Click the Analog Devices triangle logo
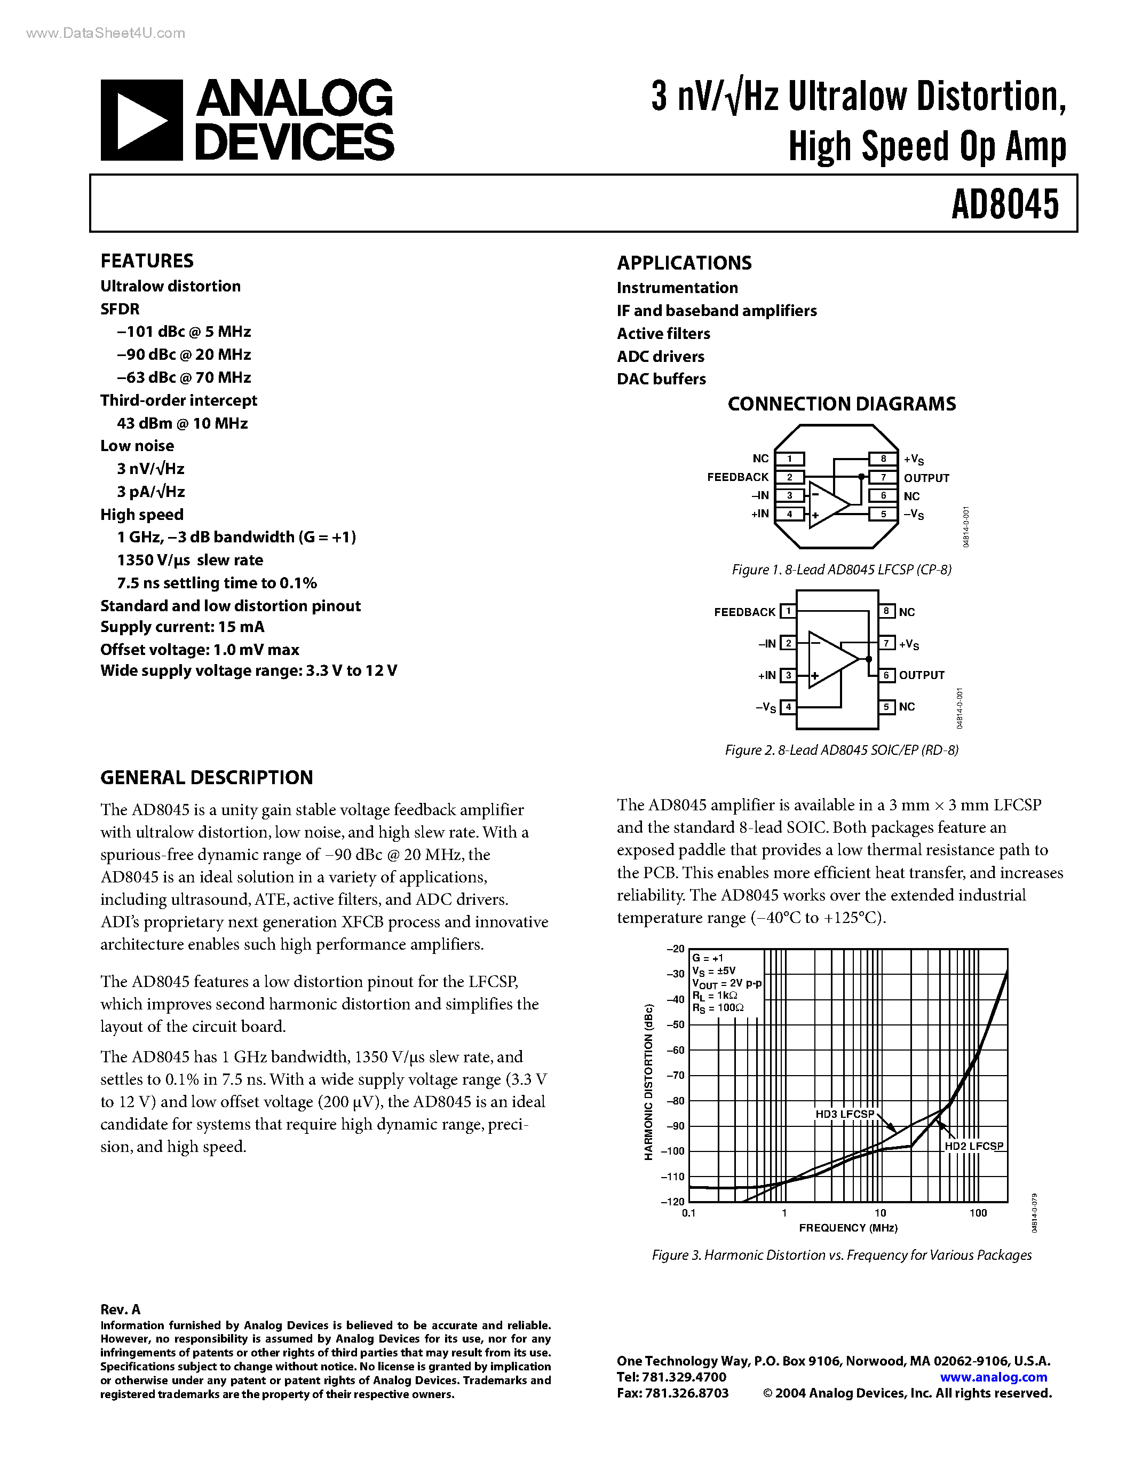click(141, 120)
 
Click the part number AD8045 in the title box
click(1004, 204)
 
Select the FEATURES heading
click(146, 261)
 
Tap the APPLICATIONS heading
click(684, 263)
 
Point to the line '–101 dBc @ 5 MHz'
click(184, 332)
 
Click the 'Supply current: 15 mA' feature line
click(182, 627)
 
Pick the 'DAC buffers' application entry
click(661, 379)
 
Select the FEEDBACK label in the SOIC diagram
click(744, 612)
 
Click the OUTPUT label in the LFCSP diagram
click(926, 478)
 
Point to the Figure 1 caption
click(841, 570)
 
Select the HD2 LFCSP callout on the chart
click(973, 1146)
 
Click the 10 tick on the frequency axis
click(880, 1213)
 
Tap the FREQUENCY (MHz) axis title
click(848, 1228)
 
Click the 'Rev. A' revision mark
click(120, 1309)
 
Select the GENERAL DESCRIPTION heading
click(206, 778)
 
